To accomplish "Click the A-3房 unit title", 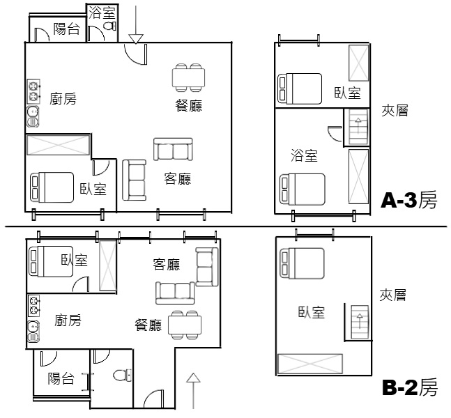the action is click(409, 200).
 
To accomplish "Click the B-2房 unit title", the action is click(410, 387).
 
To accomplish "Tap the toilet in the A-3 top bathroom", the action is click(109, 26).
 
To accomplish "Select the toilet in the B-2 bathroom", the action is click(122, 376).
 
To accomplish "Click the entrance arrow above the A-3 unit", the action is click(136, 24).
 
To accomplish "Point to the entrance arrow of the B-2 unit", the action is click(193, 390).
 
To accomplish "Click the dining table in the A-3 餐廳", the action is click(188, 77).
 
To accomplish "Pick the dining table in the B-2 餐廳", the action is click(185, 325).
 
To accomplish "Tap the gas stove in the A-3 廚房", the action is click(33, 91).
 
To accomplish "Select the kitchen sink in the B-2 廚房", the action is click(33, 332).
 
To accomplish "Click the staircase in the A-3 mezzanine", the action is click(358, 127).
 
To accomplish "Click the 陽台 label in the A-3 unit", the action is click(66, 29).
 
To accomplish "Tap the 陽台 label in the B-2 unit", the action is click(61, 378).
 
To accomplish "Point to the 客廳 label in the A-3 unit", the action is click(178, 178).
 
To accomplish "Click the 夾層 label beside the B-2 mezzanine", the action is click(392, 295).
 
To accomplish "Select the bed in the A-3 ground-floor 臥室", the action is click(52, 187).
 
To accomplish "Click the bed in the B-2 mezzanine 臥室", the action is click(303, 263).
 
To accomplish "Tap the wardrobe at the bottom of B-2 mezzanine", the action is click(310, 364).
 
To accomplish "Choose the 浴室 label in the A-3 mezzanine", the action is click(304, 155).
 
